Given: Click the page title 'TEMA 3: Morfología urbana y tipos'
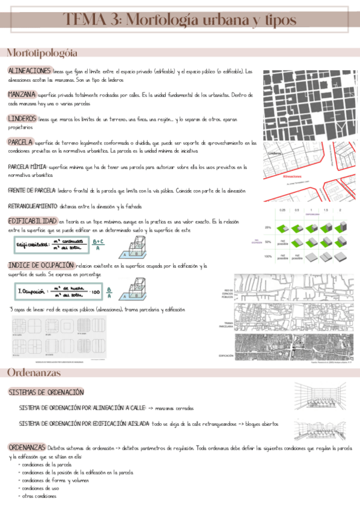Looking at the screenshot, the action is (x=180, y=20).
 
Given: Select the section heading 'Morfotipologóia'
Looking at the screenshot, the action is (x=41, y=53).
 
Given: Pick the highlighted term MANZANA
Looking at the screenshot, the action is (x=21, y=94).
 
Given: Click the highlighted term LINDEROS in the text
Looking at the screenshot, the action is (x=22, y=118).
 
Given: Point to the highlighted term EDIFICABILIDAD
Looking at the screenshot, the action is (x=33, y=221).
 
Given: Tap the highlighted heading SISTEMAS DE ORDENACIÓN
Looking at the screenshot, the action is (x=46, y=392).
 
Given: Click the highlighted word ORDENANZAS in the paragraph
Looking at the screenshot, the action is (x=27, y=447).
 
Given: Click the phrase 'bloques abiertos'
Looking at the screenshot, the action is (x=260, y=423).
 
